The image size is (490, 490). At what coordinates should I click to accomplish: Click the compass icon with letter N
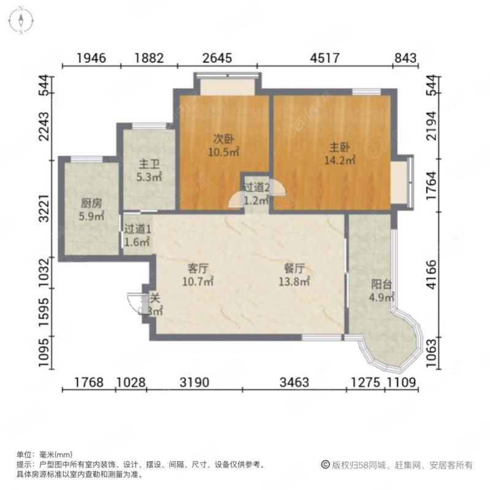[20, 20]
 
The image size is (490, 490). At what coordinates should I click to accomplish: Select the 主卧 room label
[339, 147]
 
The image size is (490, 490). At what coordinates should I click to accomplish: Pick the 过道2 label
[256, 187]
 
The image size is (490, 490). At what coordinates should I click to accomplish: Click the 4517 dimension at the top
[325, 59]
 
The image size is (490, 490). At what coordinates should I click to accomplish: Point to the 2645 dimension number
[217, 59]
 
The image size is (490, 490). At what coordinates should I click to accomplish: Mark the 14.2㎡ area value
[339, 161]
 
